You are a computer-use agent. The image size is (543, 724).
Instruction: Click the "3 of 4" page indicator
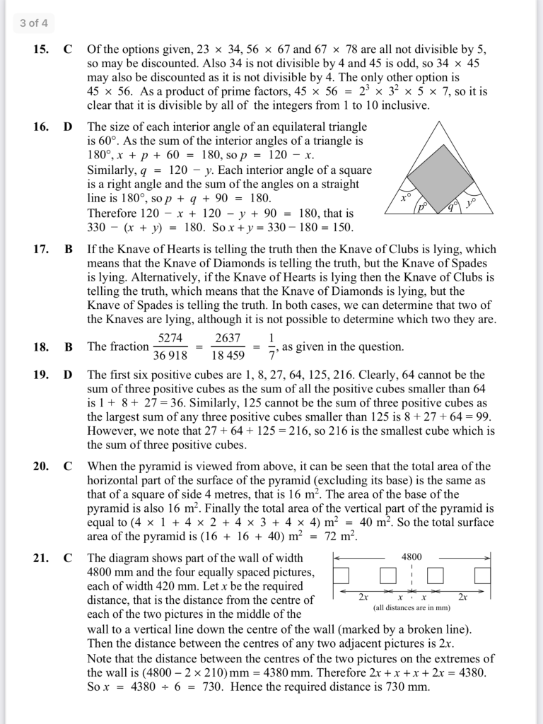click(34, 23)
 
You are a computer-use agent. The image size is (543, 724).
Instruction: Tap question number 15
click(40, 50)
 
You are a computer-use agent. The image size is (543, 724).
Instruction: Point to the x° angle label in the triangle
click(405, 199)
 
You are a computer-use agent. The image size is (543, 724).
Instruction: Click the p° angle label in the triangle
click(422, 207)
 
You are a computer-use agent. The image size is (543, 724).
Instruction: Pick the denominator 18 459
click(228, 355)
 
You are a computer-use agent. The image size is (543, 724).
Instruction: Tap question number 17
click(40, 250)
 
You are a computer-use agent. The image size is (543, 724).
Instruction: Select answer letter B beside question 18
click(69, 347)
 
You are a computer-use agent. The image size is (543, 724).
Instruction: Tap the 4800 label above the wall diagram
click(411, 557)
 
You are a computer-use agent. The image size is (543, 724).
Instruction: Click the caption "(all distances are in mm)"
click(411, 607)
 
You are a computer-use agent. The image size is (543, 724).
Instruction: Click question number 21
click(40, 558)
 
